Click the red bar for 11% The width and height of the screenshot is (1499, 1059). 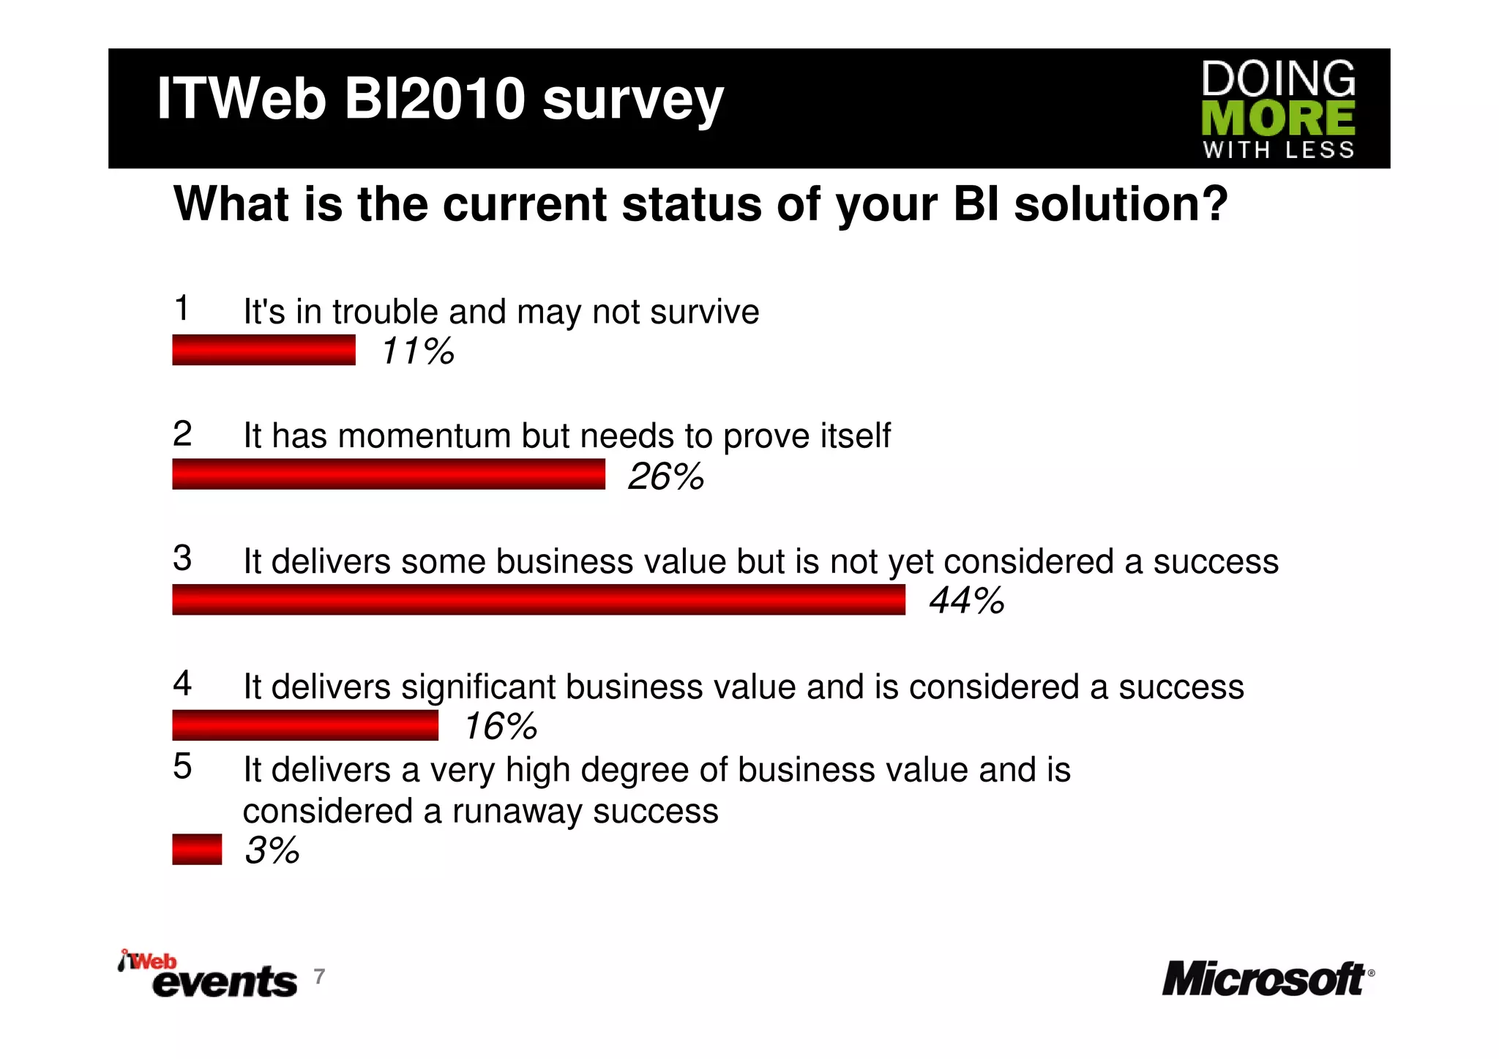[x=263, y=350]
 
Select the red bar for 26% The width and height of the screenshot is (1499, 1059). [x=389, y=474]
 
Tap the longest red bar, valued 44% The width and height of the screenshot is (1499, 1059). [x=539, y=599]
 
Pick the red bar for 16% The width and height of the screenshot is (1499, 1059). [x=305, y=725]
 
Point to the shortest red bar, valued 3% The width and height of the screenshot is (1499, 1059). [x=197, y=850]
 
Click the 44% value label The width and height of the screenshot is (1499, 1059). [x=966, y=601]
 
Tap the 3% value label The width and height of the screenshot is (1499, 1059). [x=272, y=850]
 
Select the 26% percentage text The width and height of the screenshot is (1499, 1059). [x=665, y=476]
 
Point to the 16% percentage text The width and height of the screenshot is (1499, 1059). [x=501, y=727]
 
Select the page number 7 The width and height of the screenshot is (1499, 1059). [x=319, y=976]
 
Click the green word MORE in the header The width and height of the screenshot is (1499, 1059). [x=1278, y=119]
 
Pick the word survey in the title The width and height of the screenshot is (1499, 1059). [x=632, y=100]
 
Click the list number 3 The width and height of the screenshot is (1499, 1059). [x=182, y=558]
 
